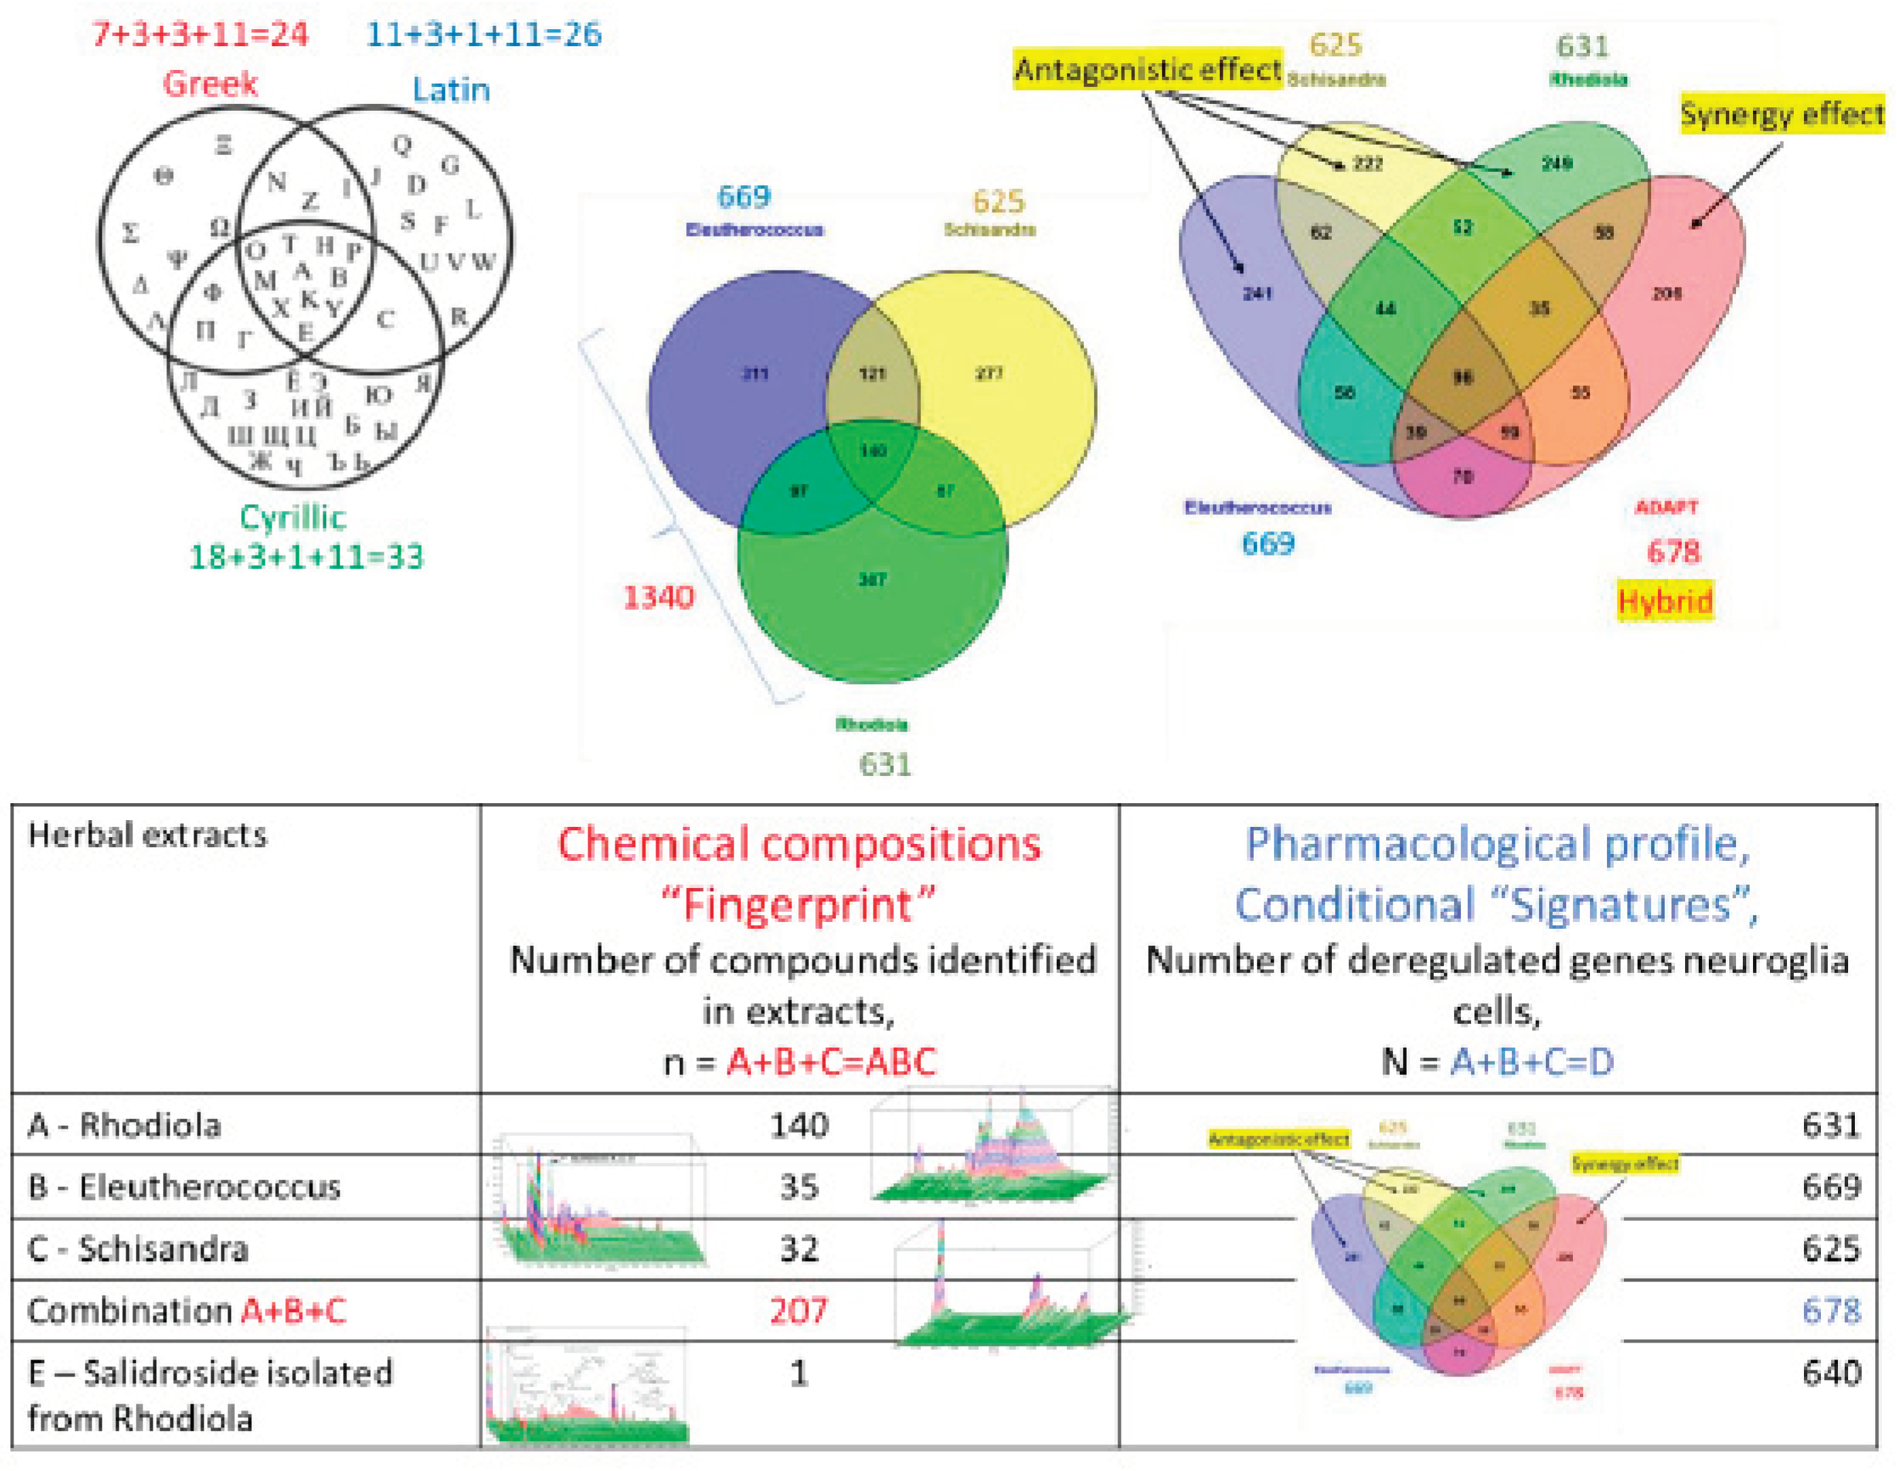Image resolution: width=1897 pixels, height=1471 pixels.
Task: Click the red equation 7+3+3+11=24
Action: pyautogui.click(x=200, y=35)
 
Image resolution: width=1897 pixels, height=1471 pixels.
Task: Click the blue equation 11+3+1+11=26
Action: pyautogui.click(x=484, y=35)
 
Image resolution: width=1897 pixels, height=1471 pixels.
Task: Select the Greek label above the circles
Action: pyautogui.click(x=210, y=84)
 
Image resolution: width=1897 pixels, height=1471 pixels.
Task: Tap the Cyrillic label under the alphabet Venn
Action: pyautogui.click(x=293, y=518)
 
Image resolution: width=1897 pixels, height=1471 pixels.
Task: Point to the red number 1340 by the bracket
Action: pyautogui.click(x=658, y=598)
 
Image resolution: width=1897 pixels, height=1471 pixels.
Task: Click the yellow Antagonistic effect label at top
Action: pyautogui.click(x=1147, y=69)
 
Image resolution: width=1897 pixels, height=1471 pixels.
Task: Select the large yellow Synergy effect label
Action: pyautogui.click(x=1782, y=115)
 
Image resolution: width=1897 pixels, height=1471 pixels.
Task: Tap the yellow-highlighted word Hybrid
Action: pyautogui.click(x=1664, y=601)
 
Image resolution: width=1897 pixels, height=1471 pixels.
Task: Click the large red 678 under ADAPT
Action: pyautogui.click(x=1673, y=552)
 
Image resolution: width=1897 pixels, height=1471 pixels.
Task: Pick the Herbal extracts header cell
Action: pyautogui.click(x=147, y=835)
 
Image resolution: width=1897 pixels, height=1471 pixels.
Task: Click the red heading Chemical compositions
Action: pyautogui.click(x=799, y=845)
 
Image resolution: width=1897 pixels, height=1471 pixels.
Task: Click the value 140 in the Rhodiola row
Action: pyautogui.click(x=799, y=1126)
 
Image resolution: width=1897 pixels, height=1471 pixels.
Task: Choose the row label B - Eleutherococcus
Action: pyautogui.click(x=184, y=1187)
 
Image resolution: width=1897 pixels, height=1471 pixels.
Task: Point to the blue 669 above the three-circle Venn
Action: pyautogui.click(x=744, y=197)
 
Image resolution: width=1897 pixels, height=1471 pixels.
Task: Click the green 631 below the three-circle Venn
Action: pyautogui.click(x=884, y=764)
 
